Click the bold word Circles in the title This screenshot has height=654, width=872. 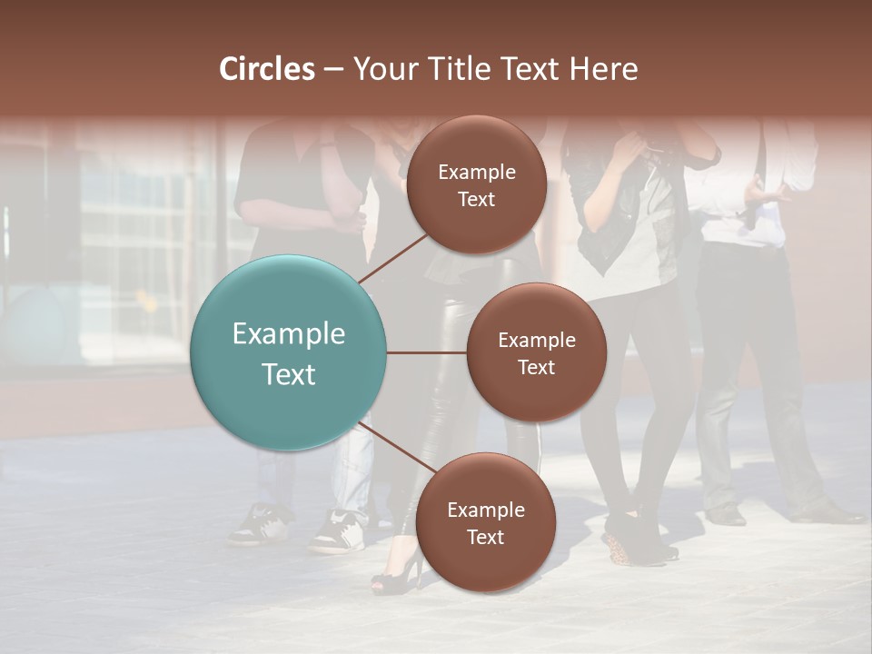(267, 69)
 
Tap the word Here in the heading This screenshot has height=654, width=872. (603, 69)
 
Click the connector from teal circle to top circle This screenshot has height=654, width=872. (392, 257)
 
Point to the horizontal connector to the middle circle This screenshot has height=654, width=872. (426, 352)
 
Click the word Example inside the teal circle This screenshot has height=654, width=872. (289, 334)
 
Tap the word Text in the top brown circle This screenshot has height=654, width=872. (477, 199)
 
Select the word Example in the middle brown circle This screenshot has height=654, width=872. (537, 341)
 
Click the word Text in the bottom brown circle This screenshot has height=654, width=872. (486, 537)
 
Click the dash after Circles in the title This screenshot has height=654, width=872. (333, 69)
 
